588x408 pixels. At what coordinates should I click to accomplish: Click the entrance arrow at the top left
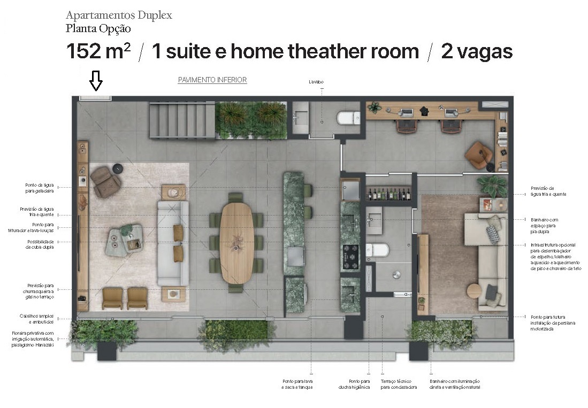(x=96, y=82)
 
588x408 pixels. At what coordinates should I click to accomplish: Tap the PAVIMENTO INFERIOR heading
(x=212, y=80)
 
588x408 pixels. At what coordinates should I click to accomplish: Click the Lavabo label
(x=316, y=82)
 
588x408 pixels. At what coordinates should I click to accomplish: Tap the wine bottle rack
(x=388, y=193)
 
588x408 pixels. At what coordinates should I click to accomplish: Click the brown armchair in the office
(x=478, y=154)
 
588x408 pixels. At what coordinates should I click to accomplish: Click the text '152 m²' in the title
(x=98, y=52)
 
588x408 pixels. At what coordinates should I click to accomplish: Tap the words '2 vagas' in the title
(x=477, y=52)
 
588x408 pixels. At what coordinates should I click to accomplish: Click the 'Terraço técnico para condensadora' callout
(x=399, y=384)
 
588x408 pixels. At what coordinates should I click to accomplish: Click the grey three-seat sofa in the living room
(x=173, y=243)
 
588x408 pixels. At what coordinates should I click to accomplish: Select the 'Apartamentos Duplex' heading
(x=119, y=15)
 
